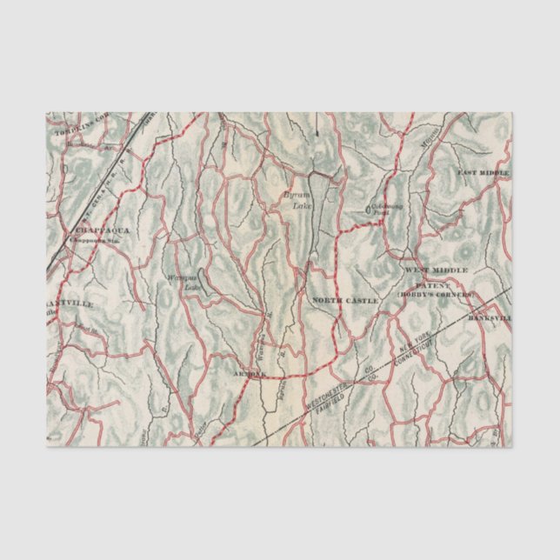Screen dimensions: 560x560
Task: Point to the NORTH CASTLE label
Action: pyautogui.click(x=345, y=300)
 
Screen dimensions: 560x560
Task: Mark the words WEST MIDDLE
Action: pyautogui.click(x=436, y=270)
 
